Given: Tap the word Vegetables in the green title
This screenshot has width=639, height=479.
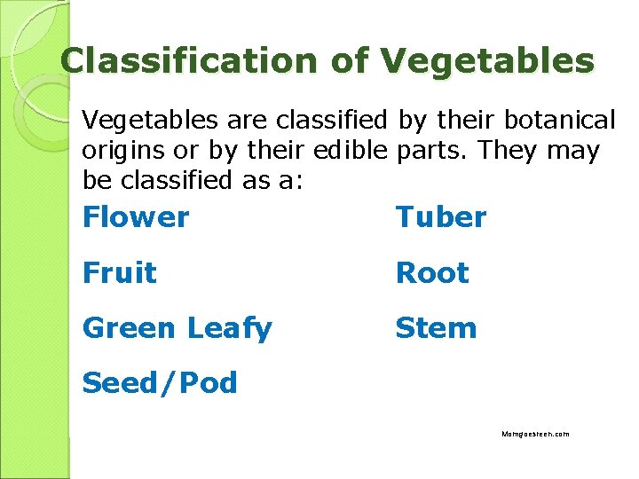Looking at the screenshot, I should [x=487, y=60].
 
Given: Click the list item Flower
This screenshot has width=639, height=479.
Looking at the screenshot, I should [x=136, y=216].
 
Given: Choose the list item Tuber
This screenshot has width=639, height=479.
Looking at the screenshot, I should [x=441, y=216].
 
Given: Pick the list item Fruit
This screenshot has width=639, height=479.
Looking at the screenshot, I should [x=119, y=272].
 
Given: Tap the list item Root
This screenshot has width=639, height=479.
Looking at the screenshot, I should [x=432, y=272].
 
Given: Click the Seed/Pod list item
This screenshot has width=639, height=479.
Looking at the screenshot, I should [x=160, y=383].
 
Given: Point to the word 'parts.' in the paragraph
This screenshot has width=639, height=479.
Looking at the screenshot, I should [x=432, y=151].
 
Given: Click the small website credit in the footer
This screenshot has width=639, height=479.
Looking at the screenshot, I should [x=535, y=434].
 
